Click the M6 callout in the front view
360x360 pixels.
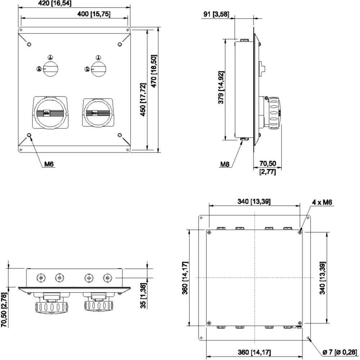click(49, 164)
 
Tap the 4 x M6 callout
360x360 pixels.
click(322, 202)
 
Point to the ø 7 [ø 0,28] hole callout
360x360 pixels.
click(339, 352)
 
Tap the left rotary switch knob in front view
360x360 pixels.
click(50, 68)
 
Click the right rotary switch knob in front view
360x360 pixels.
click(99, 68)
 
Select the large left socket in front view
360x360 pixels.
click(50, 113)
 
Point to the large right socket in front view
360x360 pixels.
click(98, 113)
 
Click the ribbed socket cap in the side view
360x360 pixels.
click(275, 113)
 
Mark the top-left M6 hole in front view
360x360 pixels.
click(29, 44)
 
